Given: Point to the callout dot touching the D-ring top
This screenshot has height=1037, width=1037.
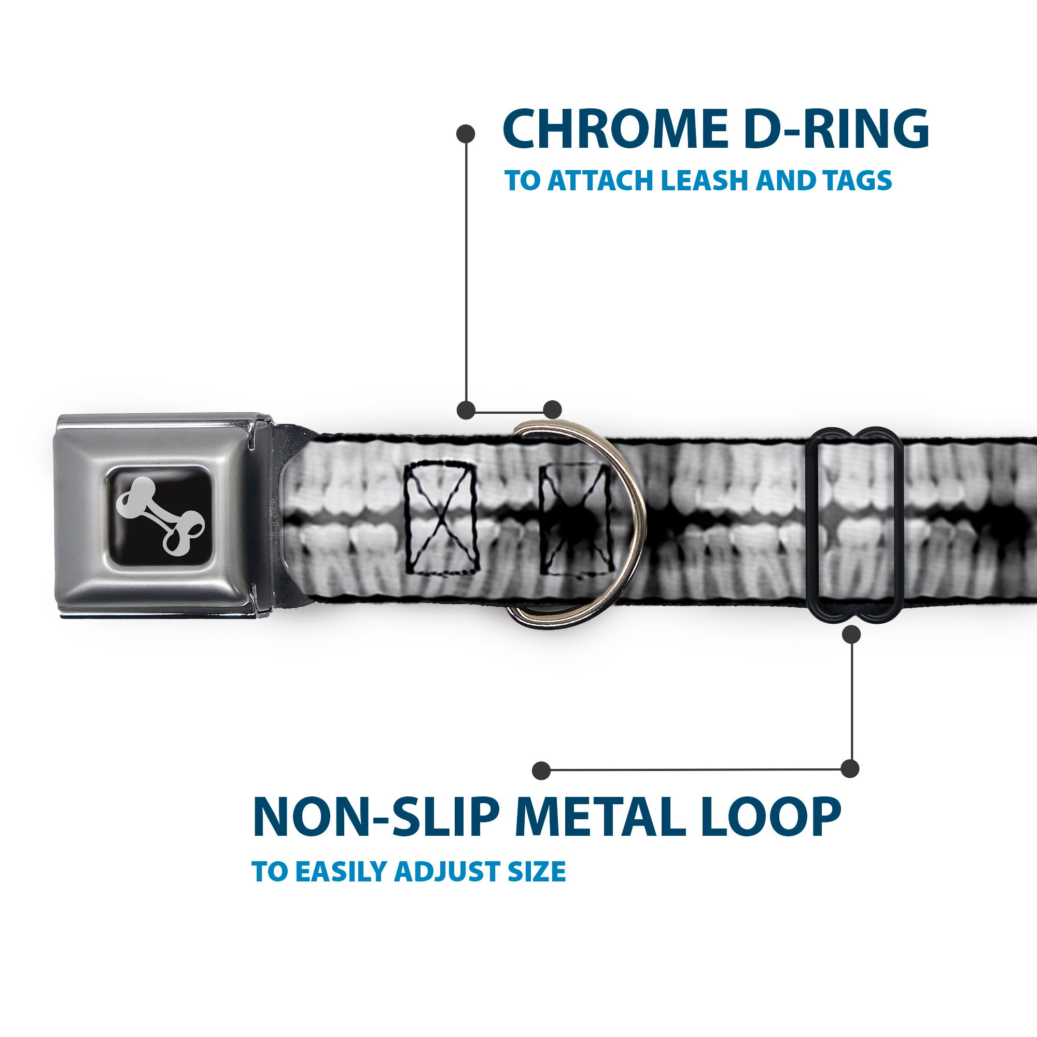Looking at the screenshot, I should (552, 410).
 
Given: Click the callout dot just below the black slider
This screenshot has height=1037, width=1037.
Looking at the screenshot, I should (852, 635).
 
